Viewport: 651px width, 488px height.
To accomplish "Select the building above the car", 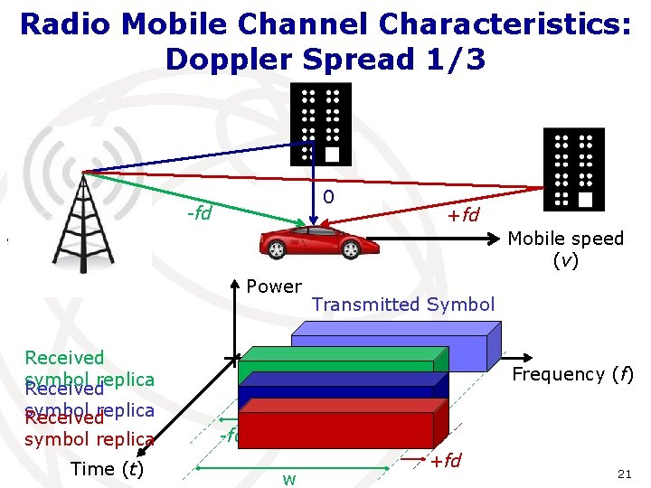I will pyautogui.click(x=320, y=125).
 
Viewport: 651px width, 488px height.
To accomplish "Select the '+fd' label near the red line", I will pyautogui.click(x=464, y=214).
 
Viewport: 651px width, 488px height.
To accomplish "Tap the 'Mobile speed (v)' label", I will pyautogui.click(x=566, y=249).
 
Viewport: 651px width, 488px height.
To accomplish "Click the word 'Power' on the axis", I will pyautogui.click(x=274, y=286).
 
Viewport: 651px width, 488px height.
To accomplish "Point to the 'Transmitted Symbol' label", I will pyautogui.click(x=403, y=305).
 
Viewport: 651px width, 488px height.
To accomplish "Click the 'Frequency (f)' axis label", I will pyautogui.click(x=572, y=374).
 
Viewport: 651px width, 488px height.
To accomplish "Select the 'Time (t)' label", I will pyautogui.click(x=107, y=468).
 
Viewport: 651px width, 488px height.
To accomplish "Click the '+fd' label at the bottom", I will pyautogui.click(x=445, y=461).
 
